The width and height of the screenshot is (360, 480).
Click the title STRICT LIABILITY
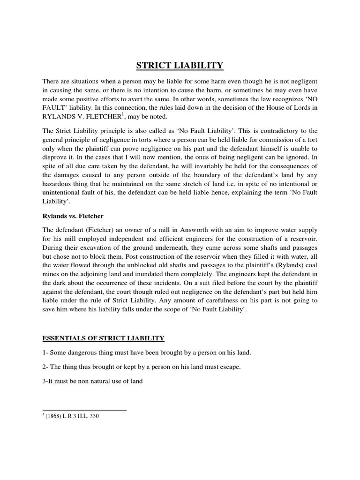180,65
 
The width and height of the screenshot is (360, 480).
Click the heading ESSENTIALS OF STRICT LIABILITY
103,338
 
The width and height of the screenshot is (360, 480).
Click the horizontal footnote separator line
84,410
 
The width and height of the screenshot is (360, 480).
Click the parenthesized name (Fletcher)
94,230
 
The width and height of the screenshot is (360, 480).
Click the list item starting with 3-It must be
92,382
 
